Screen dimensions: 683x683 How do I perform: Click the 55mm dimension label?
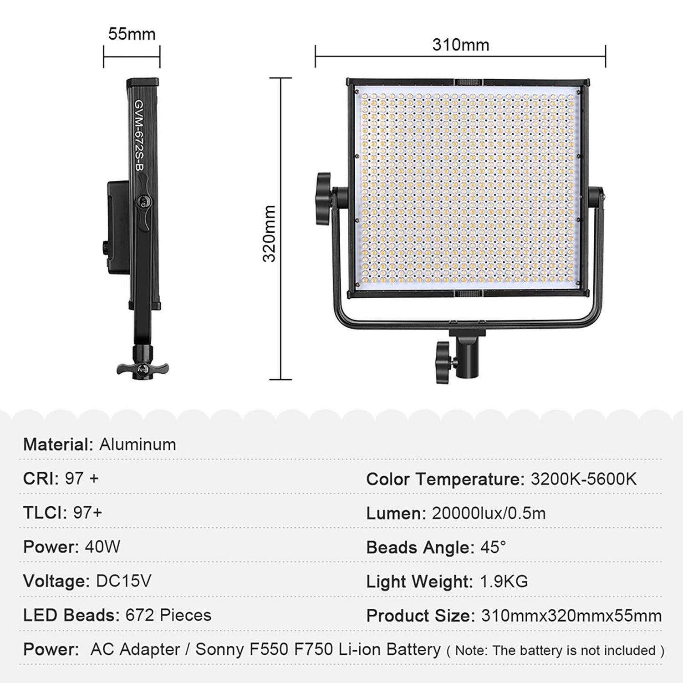[132, 34]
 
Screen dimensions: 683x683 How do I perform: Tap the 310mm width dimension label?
[460, 45]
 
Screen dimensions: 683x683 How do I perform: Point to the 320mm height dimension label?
[270, 234]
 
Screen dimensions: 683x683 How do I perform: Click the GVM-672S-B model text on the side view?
[138, 136]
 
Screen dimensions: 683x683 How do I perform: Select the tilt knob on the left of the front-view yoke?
[324, 199]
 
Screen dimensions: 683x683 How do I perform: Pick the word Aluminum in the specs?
[138, 444]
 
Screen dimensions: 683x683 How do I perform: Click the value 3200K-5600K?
[584, 479]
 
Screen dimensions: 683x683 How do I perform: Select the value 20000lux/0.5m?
[489, 513]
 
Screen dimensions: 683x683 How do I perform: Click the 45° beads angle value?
[493, 547]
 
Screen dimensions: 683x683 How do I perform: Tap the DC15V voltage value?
[123, 581]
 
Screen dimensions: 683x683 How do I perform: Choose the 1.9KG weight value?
[504, 581]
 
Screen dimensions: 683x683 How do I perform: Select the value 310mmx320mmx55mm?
[571, 616]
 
